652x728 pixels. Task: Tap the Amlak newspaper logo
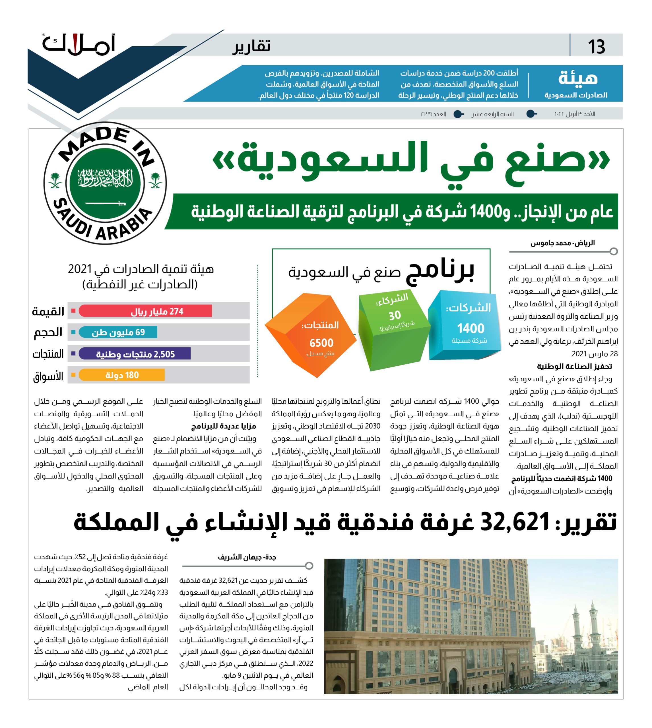pos(79,45)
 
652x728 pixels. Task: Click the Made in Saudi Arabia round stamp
pos(105,183)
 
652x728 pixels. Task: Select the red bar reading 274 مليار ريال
pos(145,311)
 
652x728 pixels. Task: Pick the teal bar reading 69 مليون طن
pos(118,332)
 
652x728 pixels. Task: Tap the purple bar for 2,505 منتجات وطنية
pos(135,354)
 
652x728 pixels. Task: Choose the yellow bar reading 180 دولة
pos(122,375)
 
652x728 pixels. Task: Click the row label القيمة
pos(48,311)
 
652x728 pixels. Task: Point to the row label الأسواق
pos(48,376)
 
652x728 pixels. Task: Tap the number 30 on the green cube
pos(395,315)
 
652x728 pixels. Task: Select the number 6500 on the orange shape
pos(321,343)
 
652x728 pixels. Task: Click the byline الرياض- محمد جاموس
pos(562,243)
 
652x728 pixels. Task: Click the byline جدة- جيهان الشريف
pos(247,557)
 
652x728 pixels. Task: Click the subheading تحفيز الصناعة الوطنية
pos(574,366)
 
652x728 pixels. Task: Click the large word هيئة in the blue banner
pos(578,78)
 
